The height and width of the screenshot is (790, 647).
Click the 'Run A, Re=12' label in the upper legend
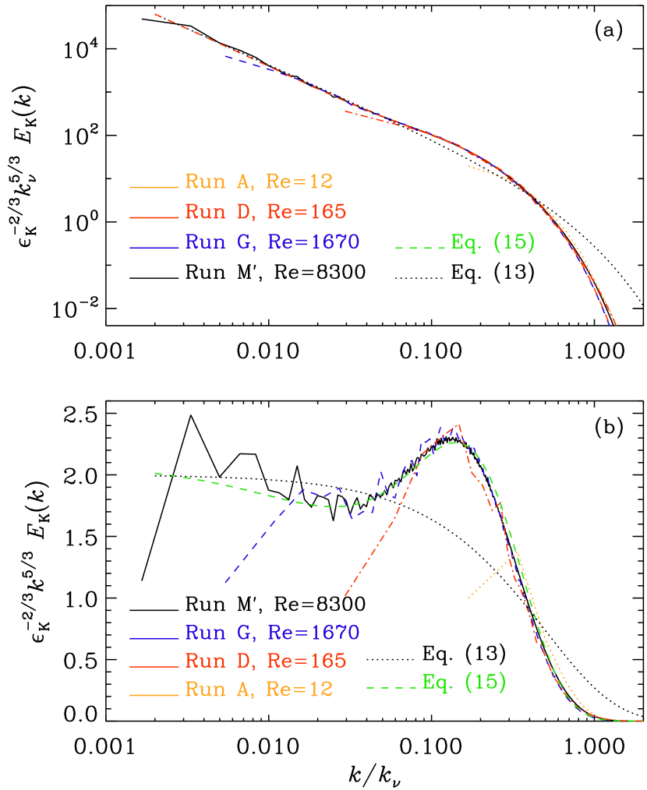coord(259,182)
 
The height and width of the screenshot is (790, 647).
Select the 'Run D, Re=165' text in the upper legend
coord(265,212)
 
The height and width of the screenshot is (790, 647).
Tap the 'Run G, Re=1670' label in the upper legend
coord(272,242)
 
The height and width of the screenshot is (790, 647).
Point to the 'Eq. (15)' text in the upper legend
coord(493,242)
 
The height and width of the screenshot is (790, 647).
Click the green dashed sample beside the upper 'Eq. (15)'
coord(422,247)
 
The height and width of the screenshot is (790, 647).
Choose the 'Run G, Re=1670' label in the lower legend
coord(272,632)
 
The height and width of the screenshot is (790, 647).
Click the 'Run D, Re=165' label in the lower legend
coord(265,661)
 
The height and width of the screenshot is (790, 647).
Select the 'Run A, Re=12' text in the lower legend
coord(259,689)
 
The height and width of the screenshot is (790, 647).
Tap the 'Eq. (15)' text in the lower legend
coord(464,682)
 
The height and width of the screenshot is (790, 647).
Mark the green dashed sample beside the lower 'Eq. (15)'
coord(392,687)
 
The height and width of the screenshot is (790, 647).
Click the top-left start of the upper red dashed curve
coord(156,14)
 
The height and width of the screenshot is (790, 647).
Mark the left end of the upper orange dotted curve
coord(468,166)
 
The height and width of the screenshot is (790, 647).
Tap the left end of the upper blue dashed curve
coord(226,55)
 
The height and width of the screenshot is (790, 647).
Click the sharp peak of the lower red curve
coord(460,425)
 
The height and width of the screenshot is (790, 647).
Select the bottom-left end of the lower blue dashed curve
coord(225,582)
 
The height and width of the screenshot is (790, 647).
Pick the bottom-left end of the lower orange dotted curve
coord(468,598)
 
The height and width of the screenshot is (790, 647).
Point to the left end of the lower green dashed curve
coord(155,473)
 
